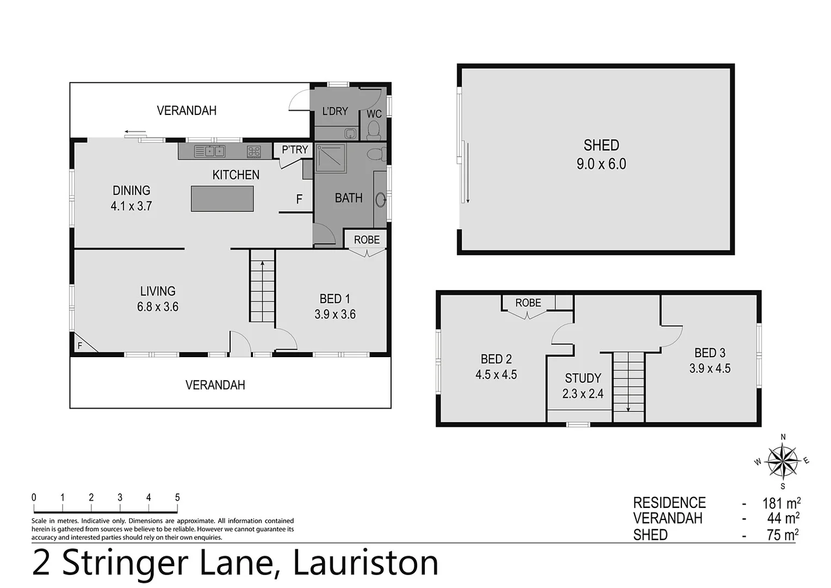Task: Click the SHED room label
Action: point(601,145)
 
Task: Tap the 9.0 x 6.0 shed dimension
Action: point(601,164)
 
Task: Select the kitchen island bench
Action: point(222,199)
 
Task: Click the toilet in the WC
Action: point(374,131)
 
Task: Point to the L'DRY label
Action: point(335,111)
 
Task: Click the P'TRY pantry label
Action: point(295,149)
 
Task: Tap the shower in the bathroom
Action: point(331,158)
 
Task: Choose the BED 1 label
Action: point(334,299)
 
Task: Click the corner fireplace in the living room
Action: point(83,344)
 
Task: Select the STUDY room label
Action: point(583,378)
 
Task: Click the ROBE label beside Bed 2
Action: point(528,303)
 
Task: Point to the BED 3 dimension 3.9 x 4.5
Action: point(710,369)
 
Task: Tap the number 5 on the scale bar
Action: point(177,498)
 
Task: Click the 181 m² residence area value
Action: point(781,503)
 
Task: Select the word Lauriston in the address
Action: point(365,563)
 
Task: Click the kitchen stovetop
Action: point(254,152)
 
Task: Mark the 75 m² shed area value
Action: point(783,535)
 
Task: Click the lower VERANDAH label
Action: point(215,385)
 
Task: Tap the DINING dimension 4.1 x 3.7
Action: point(131,206)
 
